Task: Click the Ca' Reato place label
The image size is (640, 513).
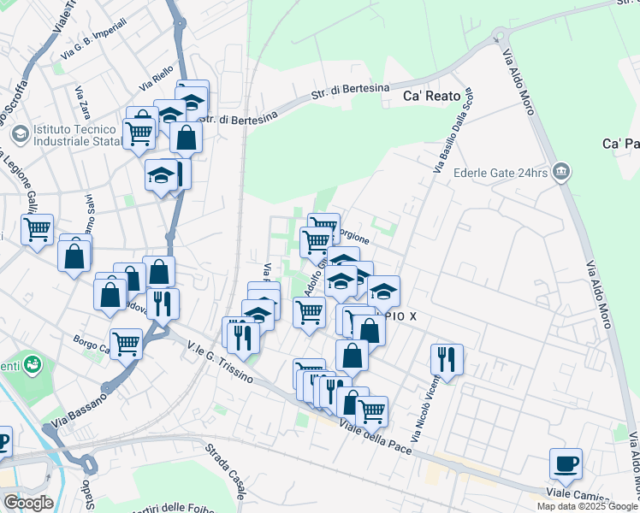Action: click(x=432, y=97)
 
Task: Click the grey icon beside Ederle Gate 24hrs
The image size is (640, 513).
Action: click(x=561, y=172)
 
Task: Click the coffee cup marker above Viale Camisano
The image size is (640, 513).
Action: click(x=566, y=464)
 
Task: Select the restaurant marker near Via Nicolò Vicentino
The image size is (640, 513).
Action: click(x=447, y=358)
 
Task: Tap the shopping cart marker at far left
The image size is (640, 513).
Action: click(x=37, y=229)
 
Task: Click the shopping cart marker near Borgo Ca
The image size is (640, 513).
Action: click(x=127, y=344)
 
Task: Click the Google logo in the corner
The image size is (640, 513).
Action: click(x=28, y=503)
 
